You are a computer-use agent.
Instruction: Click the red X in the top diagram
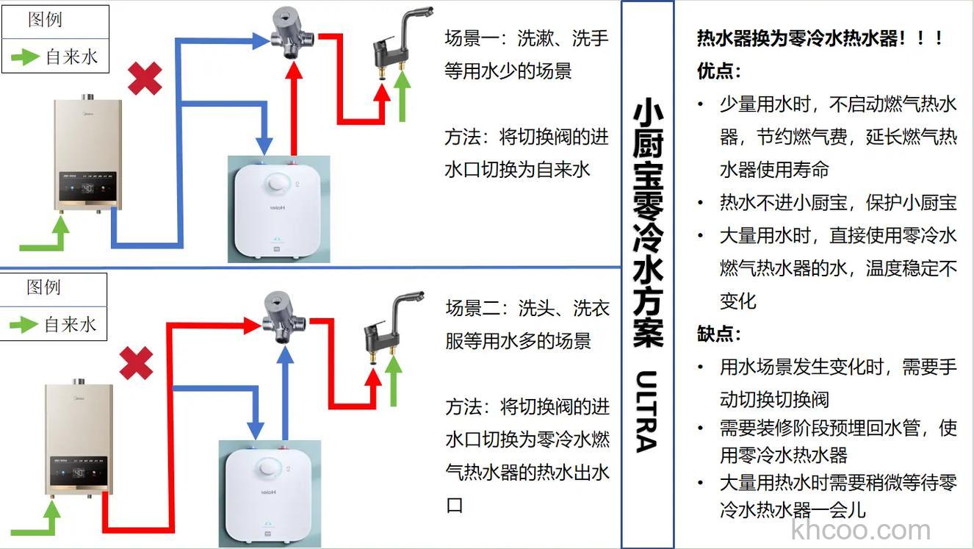coord(145,79)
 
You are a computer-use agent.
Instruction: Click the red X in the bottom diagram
coord(136,363)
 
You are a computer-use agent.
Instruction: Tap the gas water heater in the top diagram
coord(87,154)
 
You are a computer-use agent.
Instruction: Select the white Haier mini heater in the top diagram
coord(278,209)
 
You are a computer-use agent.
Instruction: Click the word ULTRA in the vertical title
coord(646,412)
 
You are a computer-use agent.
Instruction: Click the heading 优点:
coord(719,71)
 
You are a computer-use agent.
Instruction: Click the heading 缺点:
coord(719,334)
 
